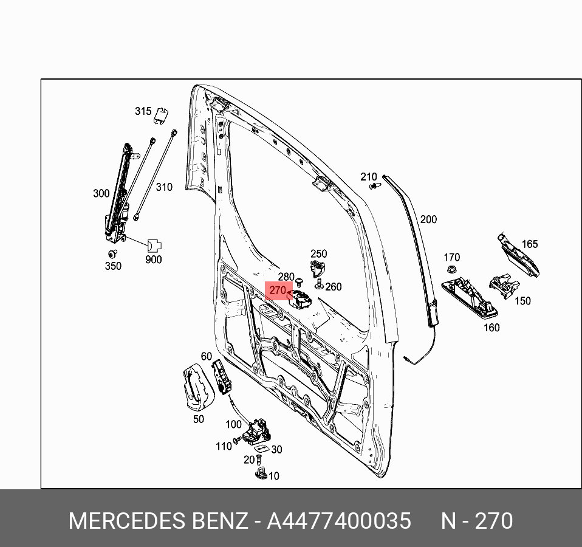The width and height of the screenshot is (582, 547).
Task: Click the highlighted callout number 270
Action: pos(278,291)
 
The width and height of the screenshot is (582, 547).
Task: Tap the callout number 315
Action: pos(143,111)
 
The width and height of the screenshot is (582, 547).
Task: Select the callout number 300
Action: pos(101,194)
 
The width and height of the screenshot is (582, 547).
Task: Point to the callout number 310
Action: pos(164,187)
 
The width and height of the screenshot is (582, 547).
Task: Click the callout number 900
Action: pos(154,260)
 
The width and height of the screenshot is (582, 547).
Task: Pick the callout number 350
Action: pos(113,266)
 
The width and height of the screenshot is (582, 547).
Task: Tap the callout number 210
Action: pos(368,177)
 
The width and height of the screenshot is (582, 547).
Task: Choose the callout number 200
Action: pos(428,219)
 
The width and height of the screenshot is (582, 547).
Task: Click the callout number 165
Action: pos(530,244)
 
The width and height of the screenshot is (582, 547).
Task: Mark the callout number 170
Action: pos(451,258)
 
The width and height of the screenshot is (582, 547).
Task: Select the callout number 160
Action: pos(491,328)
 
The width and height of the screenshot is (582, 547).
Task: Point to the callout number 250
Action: pos(318,254)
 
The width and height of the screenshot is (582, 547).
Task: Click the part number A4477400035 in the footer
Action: pos(339,521)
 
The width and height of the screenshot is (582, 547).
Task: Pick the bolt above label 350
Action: pos(112,253)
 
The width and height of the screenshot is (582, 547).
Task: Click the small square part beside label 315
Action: pos(161,114)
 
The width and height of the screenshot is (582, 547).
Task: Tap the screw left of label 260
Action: pos(318,284)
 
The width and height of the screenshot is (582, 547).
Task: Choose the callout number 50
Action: pos(199,419)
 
